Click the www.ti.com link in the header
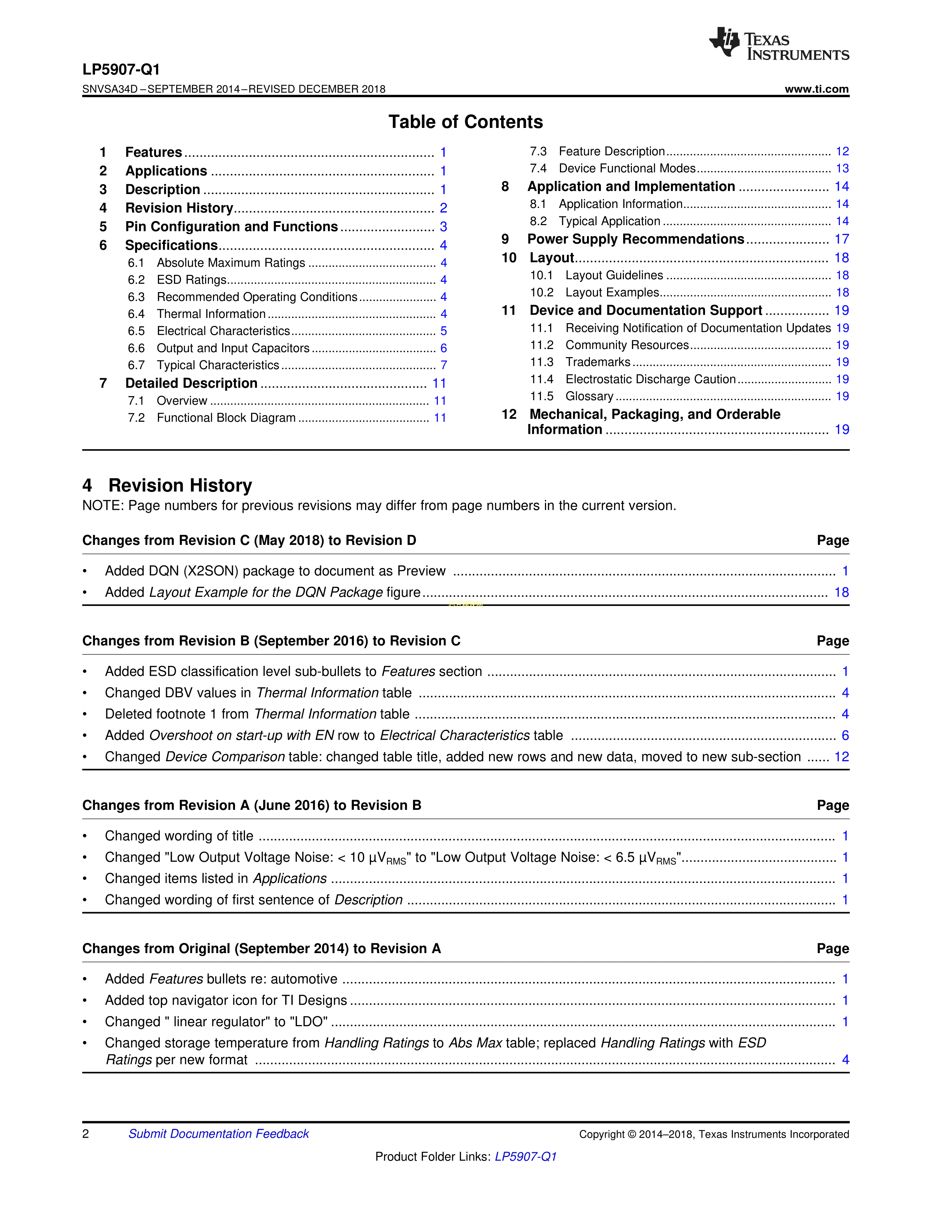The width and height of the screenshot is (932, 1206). tap(816, 89)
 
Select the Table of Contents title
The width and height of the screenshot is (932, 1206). tap(465, 122)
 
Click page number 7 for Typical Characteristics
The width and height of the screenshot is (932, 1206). tap(443, 365)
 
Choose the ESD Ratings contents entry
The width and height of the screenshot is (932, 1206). tap(192, 280)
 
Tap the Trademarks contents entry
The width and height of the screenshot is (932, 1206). tap(598, 362)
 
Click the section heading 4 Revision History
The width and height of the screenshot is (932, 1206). tap(167, 485)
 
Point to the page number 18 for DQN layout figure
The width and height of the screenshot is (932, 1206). tap(841, 592)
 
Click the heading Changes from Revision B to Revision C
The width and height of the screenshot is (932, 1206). tap(271, 641)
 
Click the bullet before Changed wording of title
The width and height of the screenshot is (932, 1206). tap(85, 836)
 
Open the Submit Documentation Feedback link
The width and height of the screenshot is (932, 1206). tap(219, 1134)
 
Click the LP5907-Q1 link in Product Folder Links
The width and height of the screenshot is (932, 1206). tap(526, 1156)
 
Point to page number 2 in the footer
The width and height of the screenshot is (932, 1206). tap(86, 1134)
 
